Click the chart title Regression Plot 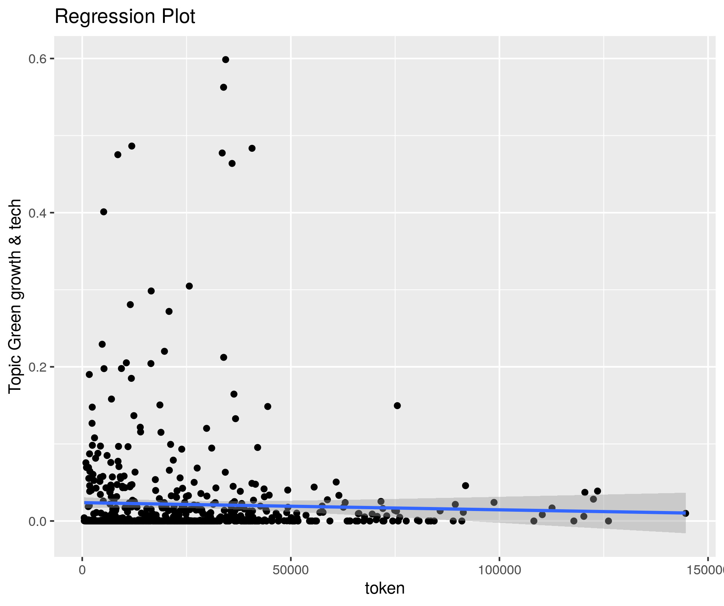[125, 17]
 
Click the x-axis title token [385, 588]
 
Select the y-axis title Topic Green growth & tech [15, 296]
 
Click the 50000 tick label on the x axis [290, 570]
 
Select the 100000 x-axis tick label [499, 570]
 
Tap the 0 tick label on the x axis [83, 570]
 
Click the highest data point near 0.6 [226, 60]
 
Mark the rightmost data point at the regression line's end [685, 513]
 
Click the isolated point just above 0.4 [104, 212]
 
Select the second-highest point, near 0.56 [224, 87]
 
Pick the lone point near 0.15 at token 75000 [397, 405]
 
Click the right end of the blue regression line [684, 513]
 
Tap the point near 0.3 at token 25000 [189, 286]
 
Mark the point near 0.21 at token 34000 [224, 357]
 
